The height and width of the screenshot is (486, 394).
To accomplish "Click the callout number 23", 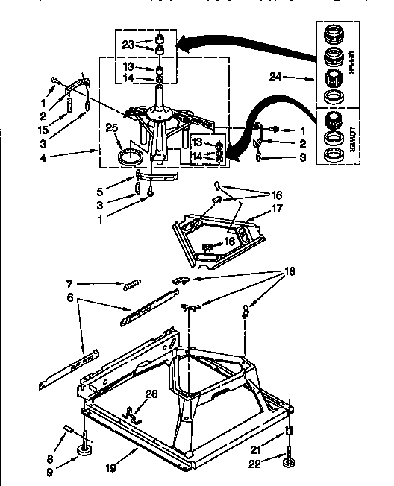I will coord(128,45).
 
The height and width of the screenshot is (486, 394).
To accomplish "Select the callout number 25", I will coord(113,129).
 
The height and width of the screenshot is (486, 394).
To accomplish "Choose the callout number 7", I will coord(68,283).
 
